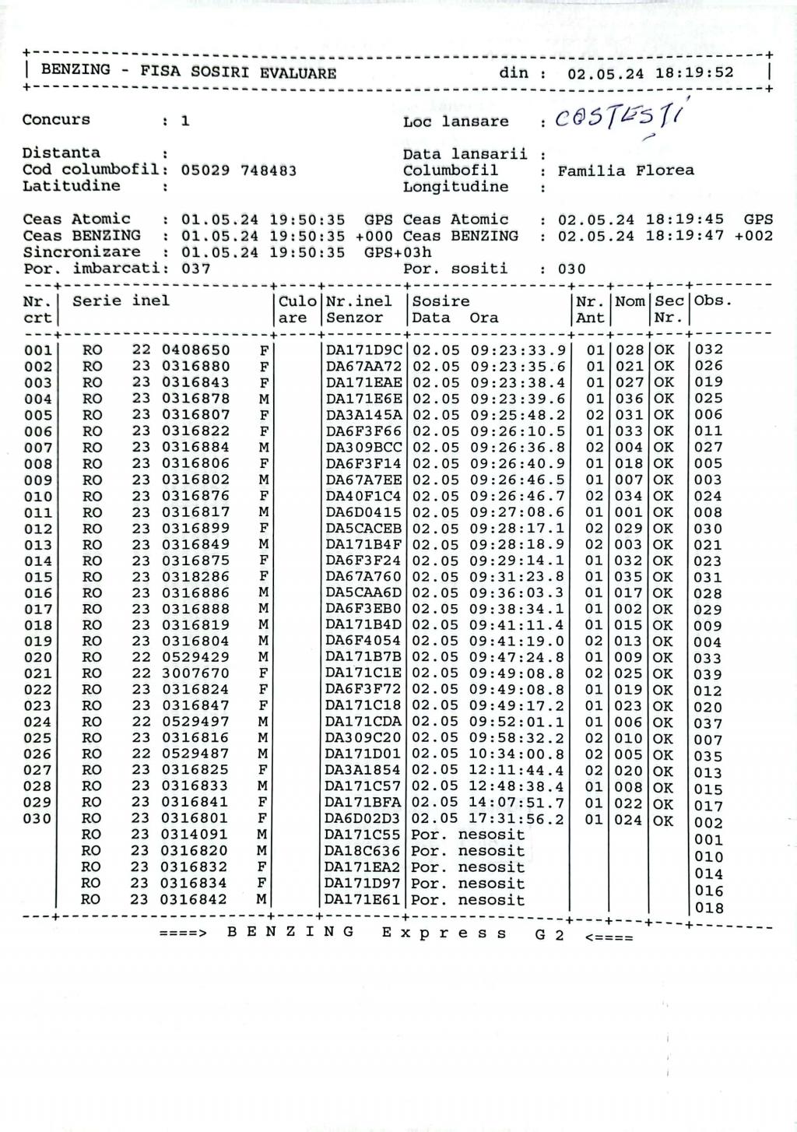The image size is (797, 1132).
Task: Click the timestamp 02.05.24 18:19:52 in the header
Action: tap(651, 74)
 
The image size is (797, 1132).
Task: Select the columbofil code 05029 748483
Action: tap(238, 170)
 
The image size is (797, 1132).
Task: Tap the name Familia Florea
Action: tap(626, 171)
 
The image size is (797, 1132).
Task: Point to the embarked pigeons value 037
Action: tap(195, 269)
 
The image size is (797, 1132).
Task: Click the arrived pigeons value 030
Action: tap(572, 269)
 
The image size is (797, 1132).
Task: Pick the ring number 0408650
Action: tap(195, 350)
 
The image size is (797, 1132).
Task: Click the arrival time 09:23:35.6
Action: tap(518, 366)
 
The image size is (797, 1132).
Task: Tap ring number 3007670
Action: tap(195, 673)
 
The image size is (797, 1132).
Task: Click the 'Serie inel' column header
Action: tap(121, 301)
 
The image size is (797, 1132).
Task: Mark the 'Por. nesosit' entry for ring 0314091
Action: tap(468, 835)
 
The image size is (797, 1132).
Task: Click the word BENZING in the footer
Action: tap(291, 933)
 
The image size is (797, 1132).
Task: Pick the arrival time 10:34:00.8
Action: tap(518, 754)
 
